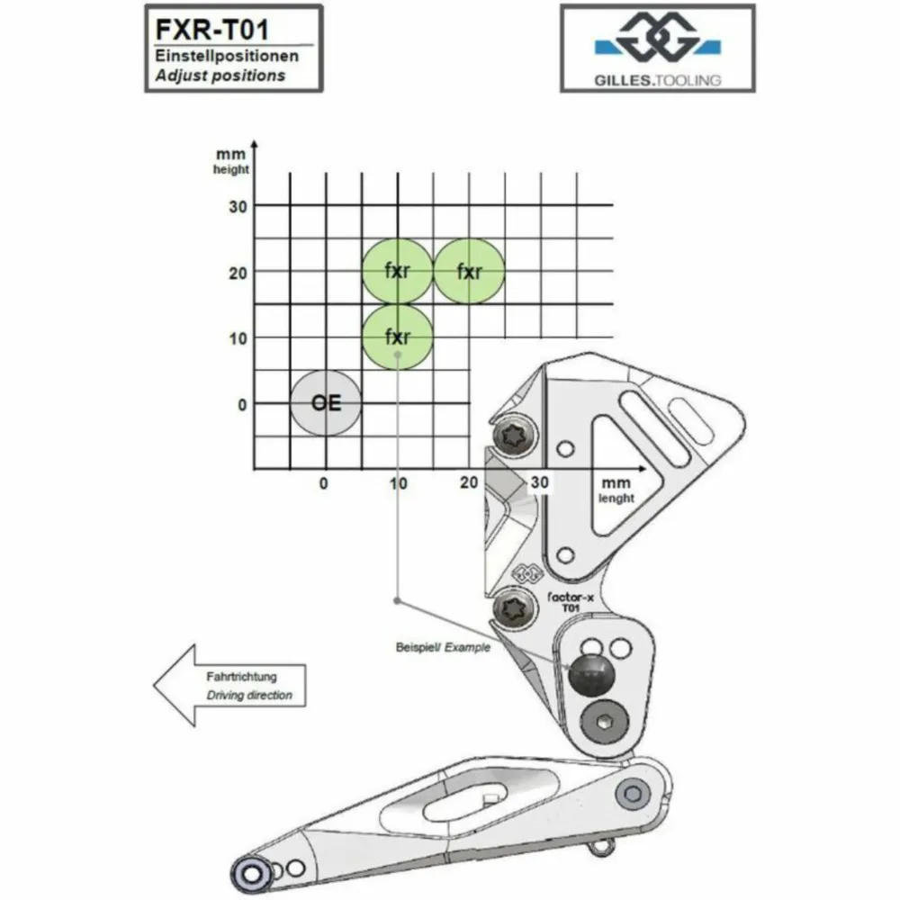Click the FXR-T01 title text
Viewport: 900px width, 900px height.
click(211, 30)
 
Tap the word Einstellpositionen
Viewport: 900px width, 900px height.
click(227, 56)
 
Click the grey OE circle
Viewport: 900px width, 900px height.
click(326, 403)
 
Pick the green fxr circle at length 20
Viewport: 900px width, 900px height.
click(469, 271)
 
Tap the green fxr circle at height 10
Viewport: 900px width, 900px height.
click(397, 337)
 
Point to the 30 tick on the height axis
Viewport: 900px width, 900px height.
click(238, 207)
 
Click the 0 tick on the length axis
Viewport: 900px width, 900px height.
click(324, 484)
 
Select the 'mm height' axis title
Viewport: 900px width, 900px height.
click(230, 161)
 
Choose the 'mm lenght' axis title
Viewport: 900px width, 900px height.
click(616, 490)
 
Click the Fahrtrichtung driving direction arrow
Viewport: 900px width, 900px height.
click(229, 685)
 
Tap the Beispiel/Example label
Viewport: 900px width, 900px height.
click(443, 647)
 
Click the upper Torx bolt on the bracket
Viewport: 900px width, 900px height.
click(516, 436)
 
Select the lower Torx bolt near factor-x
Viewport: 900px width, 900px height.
click(514, 607)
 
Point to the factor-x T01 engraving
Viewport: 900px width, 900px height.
click(571, 602)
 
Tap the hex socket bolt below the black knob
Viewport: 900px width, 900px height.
click(604, 722)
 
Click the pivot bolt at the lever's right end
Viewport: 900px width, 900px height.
click(633, 794)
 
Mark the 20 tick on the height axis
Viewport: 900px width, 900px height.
click(238, 273)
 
